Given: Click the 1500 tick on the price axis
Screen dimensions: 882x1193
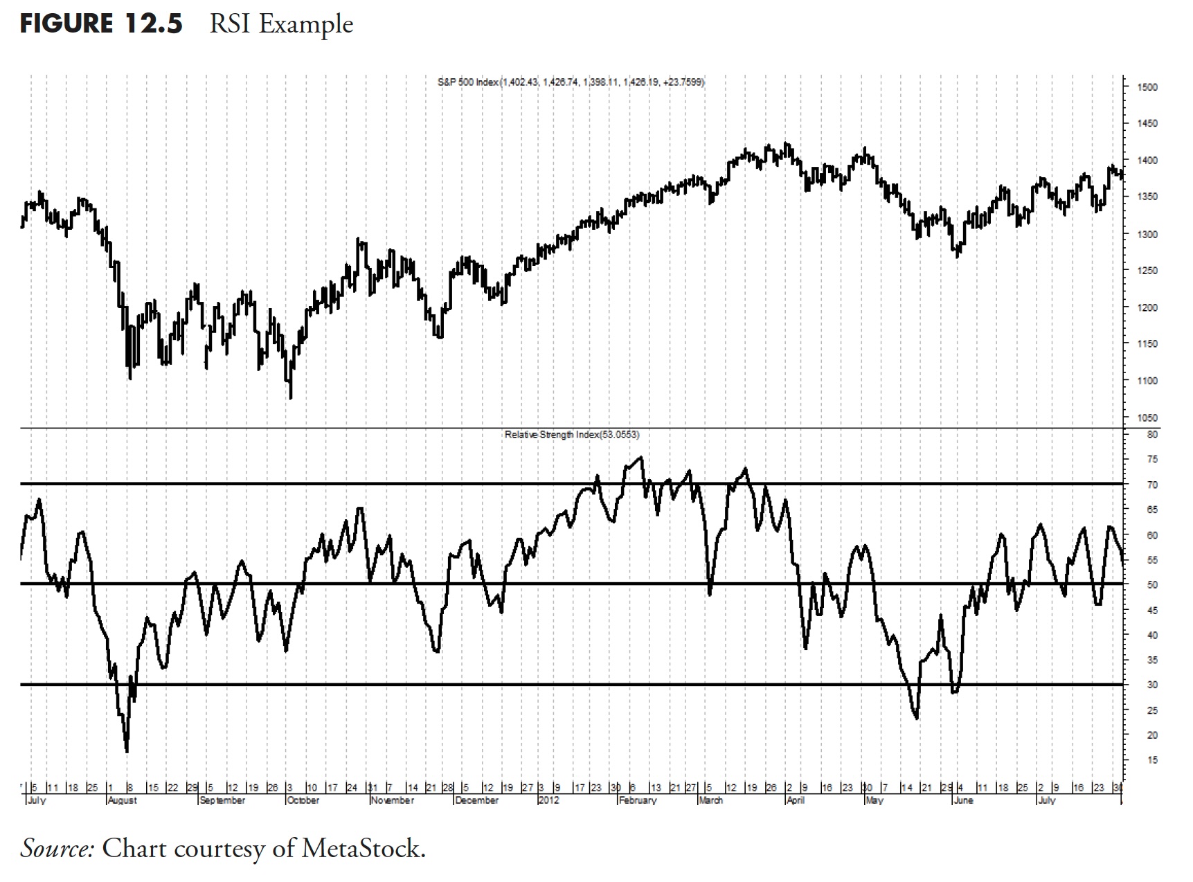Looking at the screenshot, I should tap(1146, 87).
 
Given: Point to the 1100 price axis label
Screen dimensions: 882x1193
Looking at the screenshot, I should tap(1146, 381).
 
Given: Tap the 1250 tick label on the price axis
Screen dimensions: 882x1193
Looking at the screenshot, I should tap(1146, 271).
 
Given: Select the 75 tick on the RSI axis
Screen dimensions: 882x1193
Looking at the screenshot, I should tap(1151, 460).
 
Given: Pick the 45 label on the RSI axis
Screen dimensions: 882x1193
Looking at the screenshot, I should tap(1151, 611).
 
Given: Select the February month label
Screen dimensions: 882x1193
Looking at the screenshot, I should tap(638, 800).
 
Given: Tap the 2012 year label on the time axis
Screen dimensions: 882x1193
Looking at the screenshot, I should tap(548, 800).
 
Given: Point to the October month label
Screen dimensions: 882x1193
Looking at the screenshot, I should tap(303, 800).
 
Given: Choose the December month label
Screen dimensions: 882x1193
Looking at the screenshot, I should tap(477, 800).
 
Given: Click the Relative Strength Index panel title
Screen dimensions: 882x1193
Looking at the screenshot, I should tap(572, 435).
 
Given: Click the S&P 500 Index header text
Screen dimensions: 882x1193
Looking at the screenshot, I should tap(571, 82).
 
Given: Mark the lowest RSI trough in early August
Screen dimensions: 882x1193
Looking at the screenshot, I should tap(127, 750).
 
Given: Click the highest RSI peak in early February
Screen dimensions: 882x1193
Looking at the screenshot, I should tap(641, 457).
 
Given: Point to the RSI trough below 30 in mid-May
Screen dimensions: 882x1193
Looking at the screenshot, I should tap(917, 718).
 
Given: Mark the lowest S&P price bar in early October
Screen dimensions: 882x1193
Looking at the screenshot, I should tap(291, 397).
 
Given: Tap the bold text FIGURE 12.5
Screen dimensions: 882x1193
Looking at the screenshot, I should tap(101, 24).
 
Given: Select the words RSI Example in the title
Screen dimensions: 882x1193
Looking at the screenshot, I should tap(281, 24).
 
